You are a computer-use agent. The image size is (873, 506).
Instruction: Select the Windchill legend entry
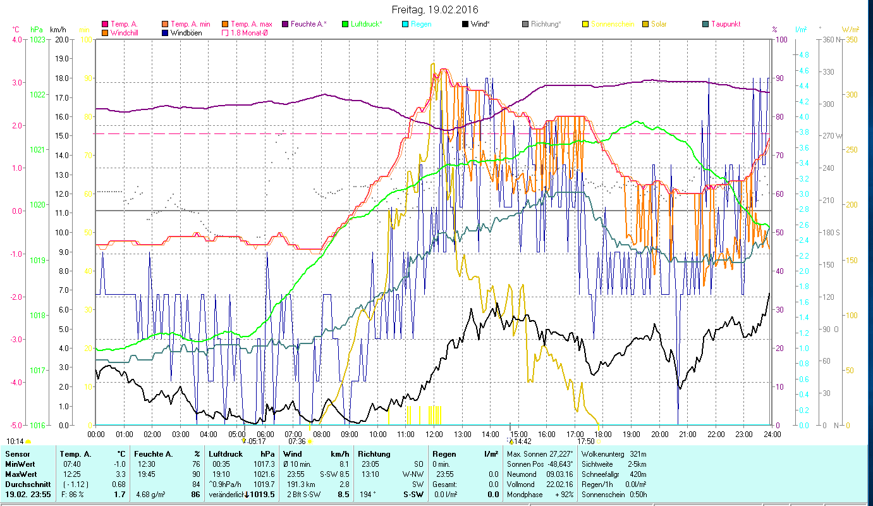click(124, 32)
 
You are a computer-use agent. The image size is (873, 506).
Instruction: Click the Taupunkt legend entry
click(725, 24)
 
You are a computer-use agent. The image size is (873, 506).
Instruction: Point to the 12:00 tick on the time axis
click(434, 435)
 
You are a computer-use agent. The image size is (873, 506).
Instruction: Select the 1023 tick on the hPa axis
click(37, 40)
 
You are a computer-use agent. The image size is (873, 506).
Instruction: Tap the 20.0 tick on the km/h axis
click(61, 40)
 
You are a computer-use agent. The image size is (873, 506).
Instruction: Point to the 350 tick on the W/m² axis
click(852, 40)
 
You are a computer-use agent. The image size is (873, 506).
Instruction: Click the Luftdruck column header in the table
click(226, 454)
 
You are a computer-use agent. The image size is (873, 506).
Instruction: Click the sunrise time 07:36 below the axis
click(297, 441)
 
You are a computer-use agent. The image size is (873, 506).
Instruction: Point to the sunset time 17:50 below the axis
click(586, 441)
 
